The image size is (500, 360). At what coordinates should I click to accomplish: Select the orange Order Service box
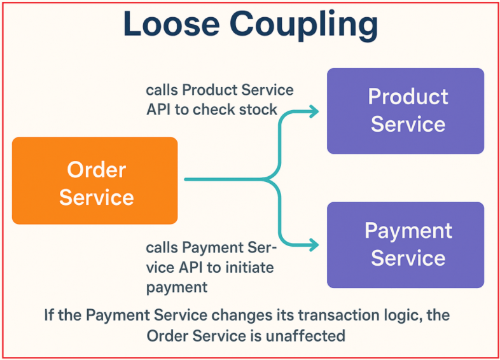point(95,181)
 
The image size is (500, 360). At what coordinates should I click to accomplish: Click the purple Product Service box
point(405,111)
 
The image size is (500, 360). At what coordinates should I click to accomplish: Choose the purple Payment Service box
point(405,245)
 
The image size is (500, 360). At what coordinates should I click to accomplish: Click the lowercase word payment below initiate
point(177,287)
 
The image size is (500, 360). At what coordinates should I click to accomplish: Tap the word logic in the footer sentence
point(389,315)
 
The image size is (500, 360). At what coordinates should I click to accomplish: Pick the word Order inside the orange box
point(97,170)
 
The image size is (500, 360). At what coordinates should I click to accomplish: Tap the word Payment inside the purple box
point(408,231)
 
